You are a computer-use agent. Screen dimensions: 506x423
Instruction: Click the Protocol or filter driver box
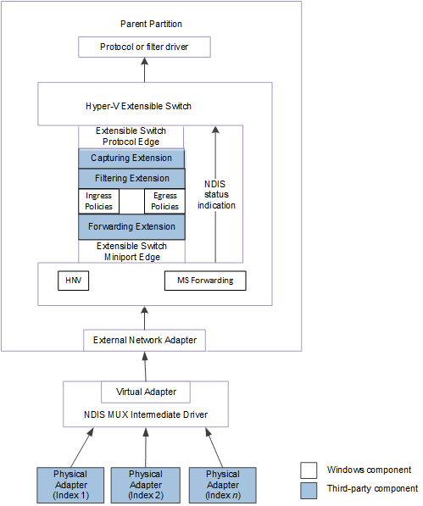click(x=144, y=47)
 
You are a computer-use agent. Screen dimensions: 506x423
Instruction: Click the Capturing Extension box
click(x=131, y=158)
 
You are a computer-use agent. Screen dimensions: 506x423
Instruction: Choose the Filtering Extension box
click(x=131, y=179)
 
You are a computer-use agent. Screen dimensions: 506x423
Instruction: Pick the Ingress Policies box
click(x=98, y=202)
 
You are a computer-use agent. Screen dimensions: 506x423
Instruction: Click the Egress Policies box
click(x=164, y=202)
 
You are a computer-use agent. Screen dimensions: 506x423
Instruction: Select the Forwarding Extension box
click(x=131, y=226)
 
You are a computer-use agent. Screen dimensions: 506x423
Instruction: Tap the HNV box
click(x=74, y=280)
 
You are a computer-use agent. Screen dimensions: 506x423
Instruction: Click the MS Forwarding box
click(x=204, y=280)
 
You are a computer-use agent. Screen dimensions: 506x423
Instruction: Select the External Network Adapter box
click(x=144, y=340)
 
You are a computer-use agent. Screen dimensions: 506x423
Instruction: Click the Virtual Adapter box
click(x=145, y=392)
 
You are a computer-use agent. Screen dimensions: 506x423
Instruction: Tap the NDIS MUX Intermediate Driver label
click(x=145, y=414)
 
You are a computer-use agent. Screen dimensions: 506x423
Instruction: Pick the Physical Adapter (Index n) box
click(x=222, y=484)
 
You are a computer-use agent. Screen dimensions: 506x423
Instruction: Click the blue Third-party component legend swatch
click(x=309, y=488)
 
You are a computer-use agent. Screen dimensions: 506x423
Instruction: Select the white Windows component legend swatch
click(x=309, y=470)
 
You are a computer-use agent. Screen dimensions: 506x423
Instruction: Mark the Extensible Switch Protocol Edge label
click(x=131, y=136)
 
